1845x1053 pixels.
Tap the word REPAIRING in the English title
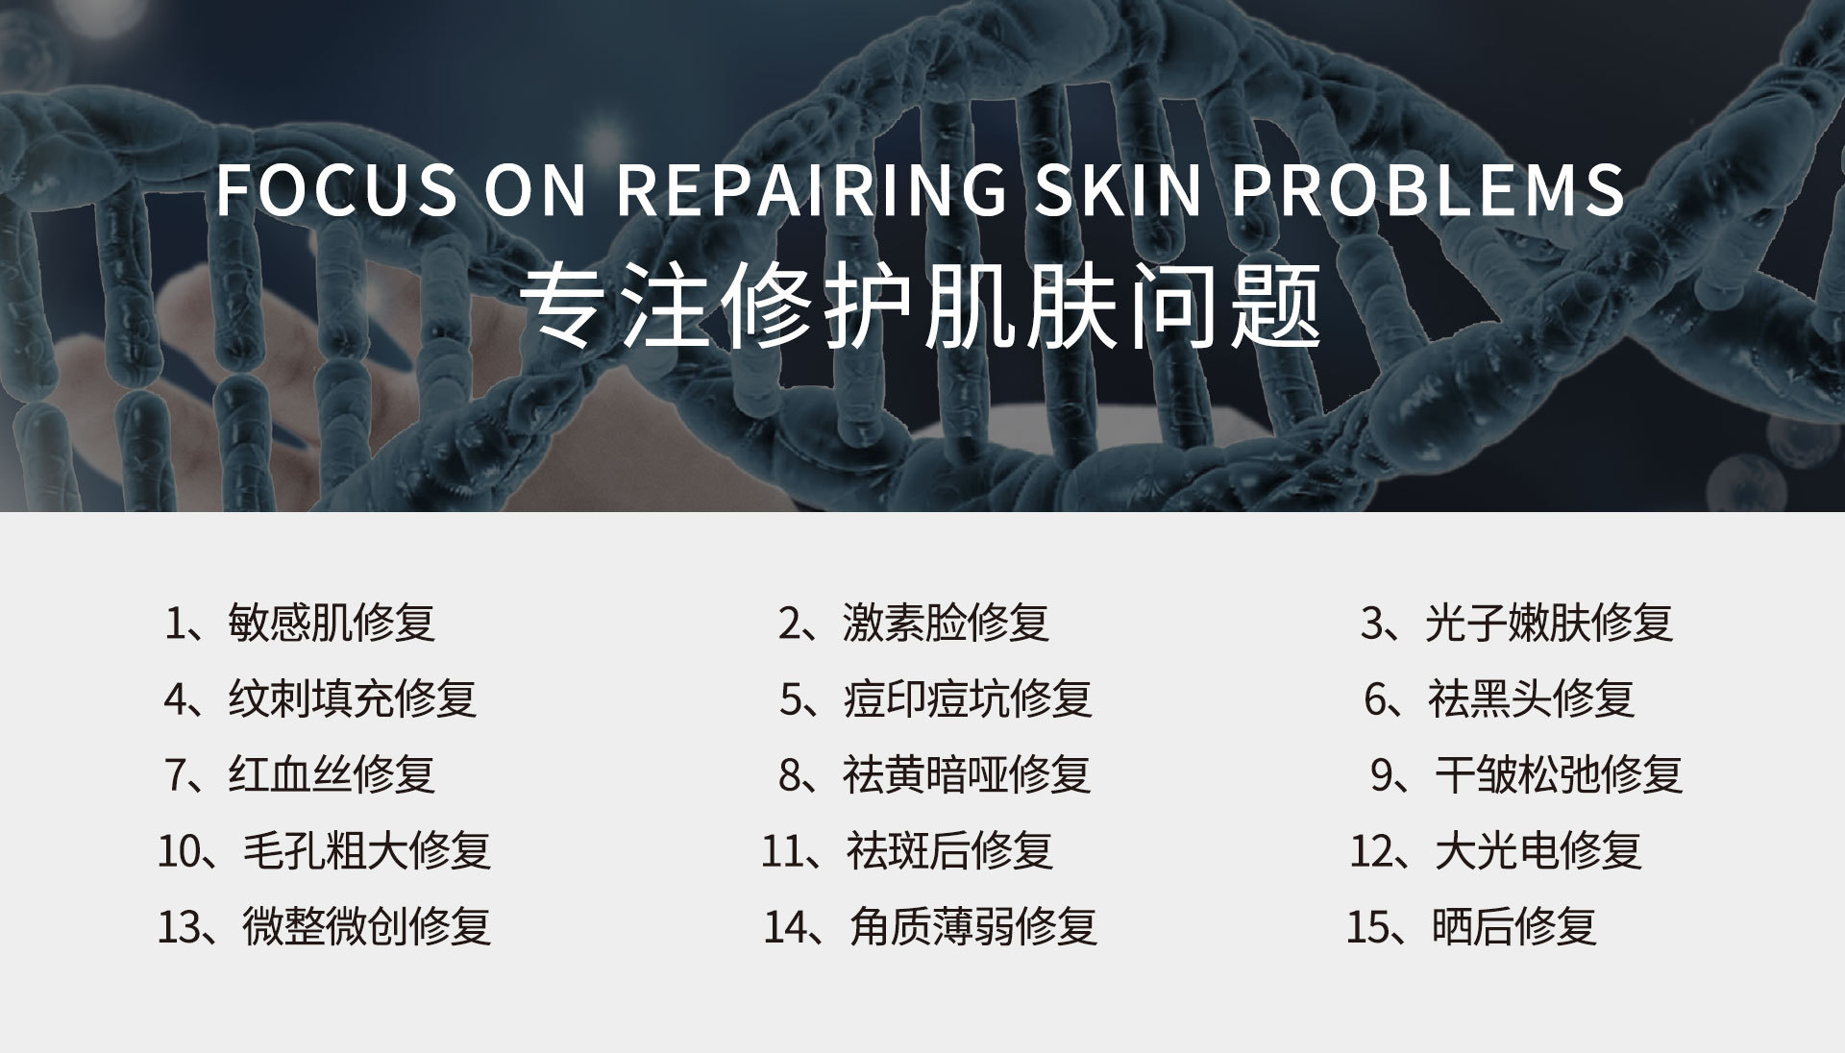812,188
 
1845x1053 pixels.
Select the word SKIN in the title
1119,188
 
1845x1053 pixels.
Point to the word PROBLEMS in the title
1429,188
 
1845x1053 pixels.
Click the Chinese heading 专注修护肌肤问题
922,306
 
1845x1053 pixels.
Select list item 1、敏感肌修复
300,623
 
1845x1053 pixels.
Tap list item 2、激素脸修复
913,623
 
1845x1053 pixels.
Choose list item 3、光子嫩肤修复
1517,623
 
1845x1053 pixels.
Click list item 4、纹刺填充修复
320,698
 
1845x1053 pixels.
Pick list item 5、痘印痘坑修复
936,698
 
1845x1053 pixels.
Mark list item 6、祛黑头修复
1499,698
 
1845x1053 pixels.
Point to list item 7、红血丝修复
301,774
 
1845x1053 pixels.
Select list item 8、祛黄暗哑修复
935,774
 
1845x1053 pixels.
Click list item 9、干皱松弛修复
1527,774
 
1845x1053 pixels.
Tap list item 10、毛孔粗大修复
325,850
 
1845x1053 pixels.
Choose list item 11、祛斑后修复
907,850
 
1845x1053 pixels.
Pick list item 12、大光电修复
1496,850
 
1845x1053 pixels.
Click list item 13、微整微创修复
325,926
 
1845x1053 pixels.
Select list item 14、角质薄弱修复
930,926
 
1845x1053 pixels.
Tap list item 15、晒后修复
1472,926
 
